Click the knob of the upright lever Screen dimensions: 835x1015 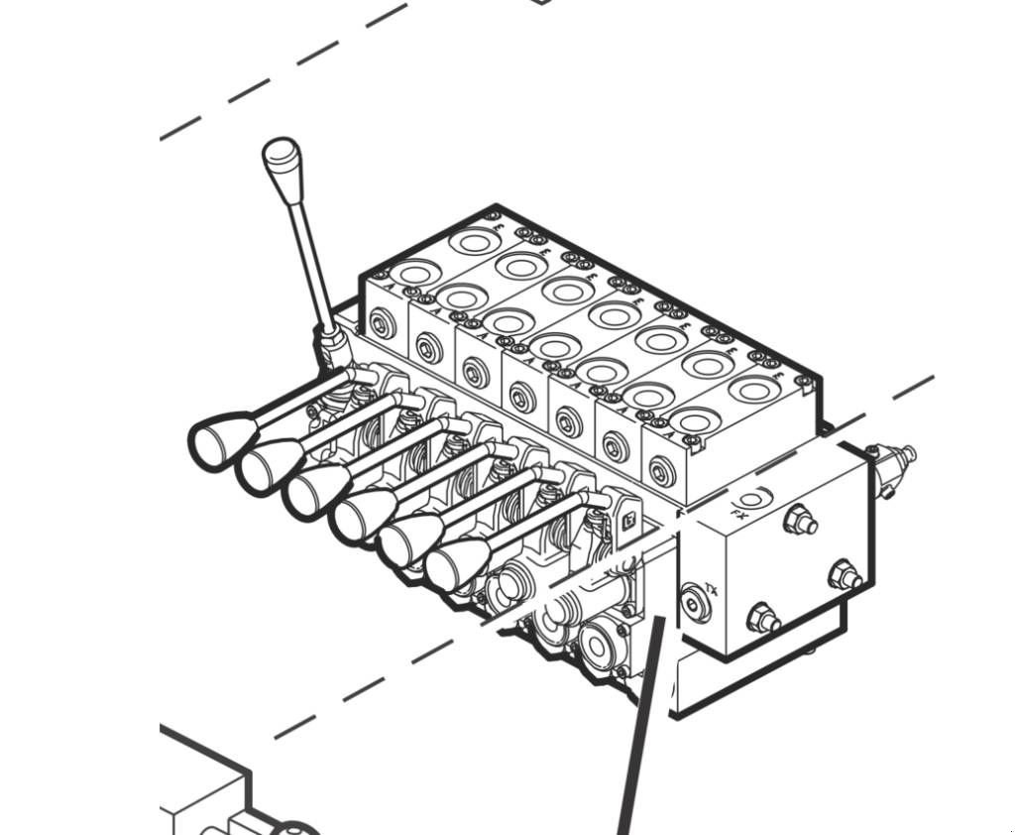click(281, 160)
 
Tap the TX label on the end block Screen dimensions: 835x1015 click(712, 593)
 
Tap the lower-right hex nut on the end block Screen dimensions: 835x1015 click(843, 573)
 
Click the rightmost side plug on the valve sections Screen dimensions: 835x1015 click(659, 465)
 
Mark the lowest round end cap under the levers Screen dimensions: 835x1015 click(599, 648)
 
